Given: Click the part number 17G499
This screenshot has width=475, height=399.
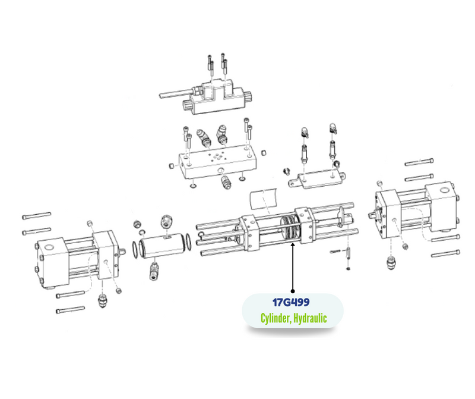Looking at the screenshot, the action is (291, 303).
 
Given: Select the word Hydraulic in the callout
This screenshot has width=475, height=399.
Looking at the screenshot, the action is (310, 318).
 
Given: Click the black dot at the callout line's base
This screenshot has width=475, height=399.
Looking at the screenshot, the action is (293, 291).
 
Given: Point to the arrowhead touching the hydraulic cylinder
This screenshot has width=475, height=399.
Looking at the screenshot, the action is (293, 245).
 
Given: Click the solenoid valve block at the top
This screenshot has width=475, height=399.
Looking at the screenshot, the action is (218, 97).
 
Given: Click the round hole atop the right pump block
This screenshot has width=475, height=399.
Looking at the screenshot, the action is (445, 190).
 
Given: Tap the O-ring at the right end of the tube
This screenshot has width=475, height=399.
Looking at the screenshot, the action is (188, 242).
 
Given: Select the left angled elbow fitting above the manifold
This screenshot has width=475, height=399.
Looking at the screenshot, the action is (204, 137).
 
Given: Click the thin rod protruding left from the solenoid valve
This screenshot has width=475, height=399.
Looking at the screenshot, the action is (176, 93).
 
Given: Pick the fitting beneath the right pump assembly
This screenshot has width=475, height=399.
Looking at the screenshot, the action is (392, 263).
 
